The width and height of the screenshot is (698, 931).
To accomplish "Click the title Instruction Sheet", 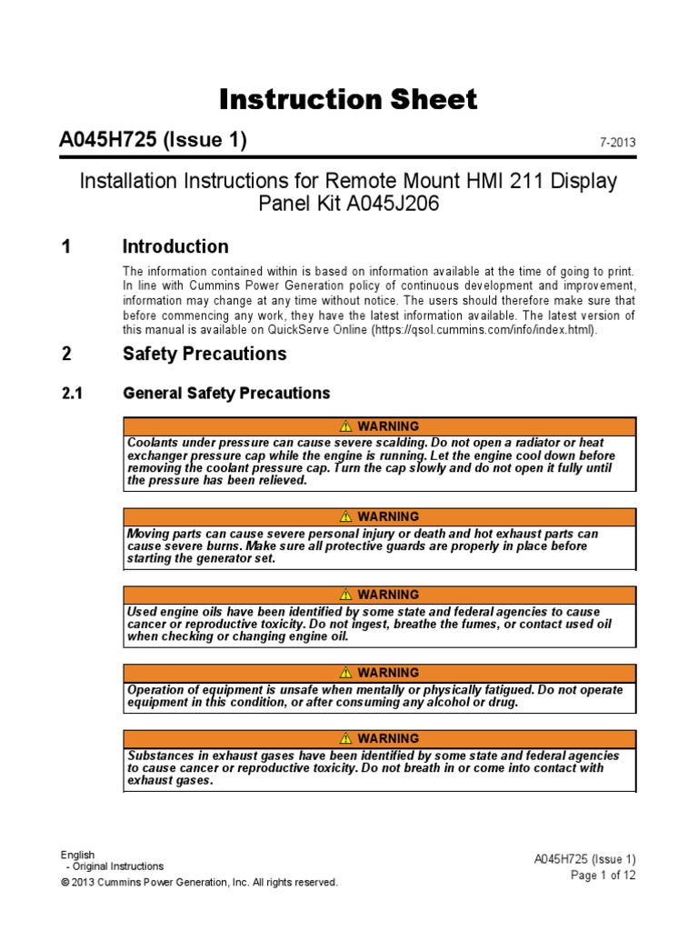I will click(348, 100).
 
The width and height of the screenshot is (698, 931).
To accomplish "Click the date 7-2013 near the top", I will click(617, 144).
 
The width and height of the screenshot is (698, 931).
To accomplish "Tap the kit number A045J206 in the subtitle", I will click(394, 205).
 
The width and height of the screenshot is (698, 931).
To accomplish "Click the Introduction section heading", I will click(175, 246).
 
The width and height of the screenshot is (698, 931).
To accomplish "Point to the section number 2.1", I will click(72, 394).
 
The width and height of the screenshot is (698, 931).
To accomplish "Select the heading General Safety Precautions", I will click(226, 394).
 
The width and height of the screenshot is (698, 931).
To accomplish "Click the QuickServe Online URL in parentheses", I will click(483, 330).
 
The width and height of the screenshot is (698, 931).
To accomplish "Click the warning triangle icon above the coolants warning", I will click(345, 426).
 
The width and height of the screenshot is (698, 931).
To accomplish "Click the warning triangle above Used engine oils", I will click(345, 595).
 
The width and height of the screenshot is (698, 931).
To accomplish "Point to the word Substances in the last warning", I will click(160, 756).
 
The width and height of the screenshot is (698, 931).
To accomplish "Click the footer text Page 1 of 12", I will click(603, 876).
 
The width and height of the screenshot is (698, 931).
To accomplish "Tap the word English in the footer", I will click(77, 855).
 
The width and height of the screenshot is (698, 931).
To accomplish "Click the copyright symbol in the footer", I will click(65, 883).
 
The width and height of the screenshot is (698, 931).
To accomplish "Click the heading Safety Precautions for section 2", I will click(204, 354).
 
